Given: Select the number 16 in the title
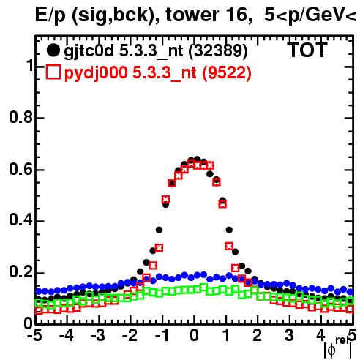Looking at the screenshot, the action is pyautogui.click(x=233, y=15).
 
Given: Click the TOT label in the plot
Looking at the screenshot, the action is pyautogui.click(x=308, y=50).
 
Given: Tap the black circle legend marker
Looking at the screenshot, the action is pyautogui.click(x=53, y=50).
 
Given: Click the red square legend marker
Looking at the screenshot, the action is pyautogui.click(x=53, y=72).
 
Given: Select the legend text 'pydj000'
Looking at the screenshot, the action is pyautogui.click(x=96, y=73).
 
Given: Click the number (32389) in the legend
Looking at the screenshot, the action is pyautogui.click(x=218, y=51).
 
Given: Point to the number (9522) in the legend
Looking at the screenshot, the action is pyautogui.click(x=227, y=72).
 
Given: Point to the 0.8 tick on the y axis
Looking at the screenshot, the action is pyautogui.click(x=20, y=117).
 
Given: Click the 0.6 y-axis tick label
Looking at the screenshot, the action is pyautogui.click(x=20, y=169).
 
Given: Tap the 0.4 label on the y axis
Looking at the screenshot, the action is pyautogui.click(x=20, y=221).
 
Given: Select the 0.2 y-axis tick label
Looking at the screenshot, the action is pyautogui.click(x=20, y=272).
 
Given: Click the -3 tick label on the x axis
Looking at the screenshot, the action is pyautogui.click(x=98, y=336).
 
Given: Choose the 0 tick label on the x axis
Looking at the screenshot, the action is pyautogui.click(x=194, y=336).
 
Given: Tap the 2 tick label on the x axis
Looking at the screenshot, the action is pyautogui.click(x=258, y=336).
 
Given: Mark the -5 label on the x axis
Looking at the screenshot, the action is pyautogui.click(x=34, y=336).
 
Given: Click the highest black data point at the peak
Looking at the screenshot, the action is pyautogui.click(x=198, y=160).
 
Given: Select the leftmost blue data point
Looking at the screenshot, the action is pyautogui.click(x=38, y=291).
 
